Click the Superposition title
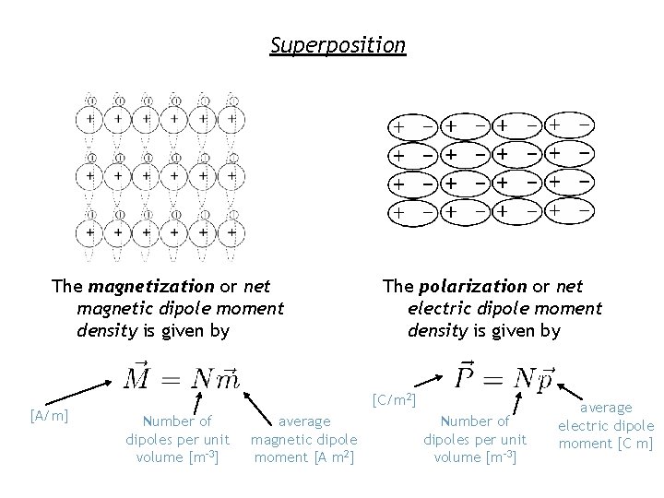point(338,44)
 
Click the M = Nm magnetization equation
point(182,377)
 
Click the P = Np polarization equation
point(506,376)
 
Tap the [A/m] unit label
point(47,417)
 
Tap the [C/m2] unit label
point(395,400)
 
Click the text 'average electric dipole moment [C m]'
point(606,425)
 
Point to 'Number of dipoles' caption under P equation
point(474,439)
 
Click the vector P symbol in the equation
point(467,375)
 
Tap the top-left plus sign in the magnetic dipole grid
point(89,119)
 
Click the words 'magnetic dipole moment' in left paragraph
point(180,308)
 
